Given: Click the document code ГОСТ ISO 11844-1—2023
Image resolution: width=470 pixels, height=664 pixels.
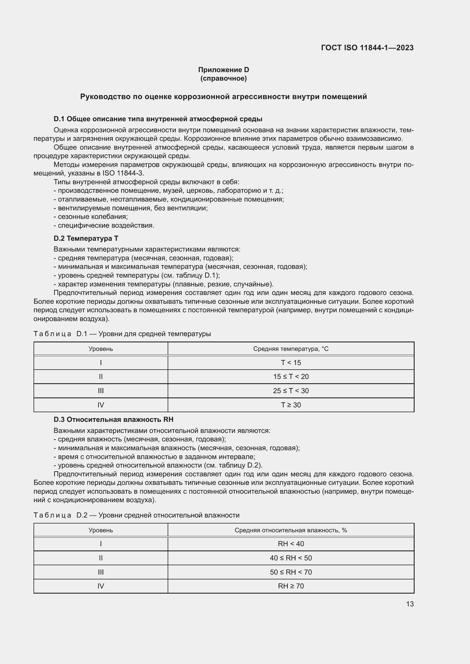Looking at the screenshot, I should click(367, 48).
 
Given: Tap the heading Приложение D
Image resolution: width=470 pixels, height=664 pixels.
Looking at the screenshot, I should click(223, 70).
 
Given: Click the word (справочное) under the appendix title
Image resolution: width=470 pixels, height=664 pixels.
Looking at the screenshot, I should click(223, 78).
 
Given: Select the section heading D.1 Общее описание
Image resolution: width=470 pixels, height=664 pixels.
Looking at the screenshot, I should click(158, 119).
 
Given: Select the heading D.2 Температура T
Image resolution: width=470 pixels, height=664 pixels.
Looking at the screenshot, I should click(86, 238).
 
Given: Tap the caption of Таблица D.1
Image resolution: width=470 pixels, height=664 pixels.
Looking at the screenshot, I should click(122, 334).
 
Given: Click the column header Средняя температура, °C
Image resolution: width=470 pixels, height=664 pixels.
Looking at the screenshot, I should click(291, 349).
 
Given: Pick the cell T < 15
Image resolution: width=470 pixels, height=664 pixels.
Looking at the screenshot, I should click(291, 363).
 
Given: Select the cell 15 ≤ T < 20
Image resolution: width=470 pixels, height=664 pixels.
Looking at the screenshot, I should click(291, 376).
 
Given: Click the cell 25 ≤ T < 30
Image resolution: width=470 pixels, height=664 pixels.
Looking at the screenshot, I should click(291, 391).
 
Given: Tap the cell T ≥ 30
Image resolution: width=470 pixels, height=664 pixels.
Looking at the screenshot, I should click(291, 405).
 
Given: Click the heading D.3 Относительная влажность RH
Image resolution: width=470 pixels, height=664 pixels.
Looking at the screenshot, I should click(113, 419).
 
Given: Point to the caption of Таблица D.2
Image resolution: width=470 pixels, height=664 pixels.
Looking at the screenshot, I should click(136, 515).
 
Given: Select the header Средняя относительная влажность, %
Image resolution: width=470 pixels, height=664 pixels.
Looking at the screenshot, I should click(291, 530).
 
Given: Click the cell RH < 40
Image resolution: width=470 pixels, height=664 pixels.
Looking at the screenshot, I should click(291, 544).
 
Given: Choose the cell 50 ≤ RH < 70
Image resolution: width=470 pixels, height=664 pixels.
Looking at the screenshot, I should click(291, 572).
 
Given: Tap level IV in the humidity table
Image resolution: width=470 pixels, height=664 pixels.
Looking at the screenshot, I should click(100, 586).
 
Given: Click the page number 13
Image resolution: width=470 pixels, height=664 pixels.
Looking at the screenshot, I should click(409, 604).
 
